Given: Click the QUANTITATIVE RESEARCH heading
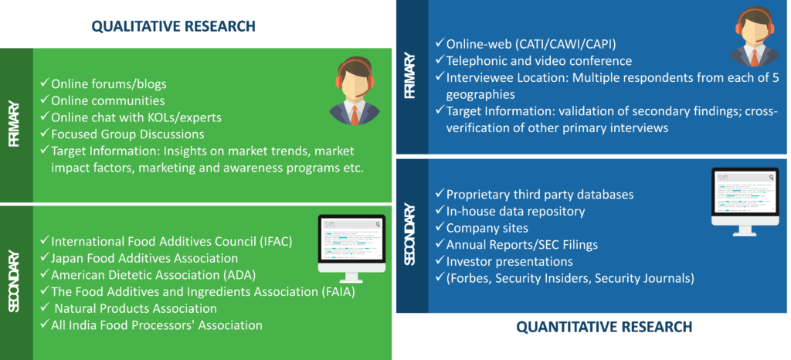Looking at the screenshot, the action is [604, 327].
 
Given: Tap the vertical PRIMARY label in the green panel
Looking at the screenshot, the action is [15, 124].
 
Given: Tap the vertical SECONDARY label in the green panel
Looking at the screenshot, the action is [15, 281].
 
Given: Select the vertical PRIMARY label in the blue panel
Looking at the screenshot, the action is [410, 76].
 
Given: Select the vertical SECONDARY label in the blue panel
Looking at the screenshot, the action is [410, 234].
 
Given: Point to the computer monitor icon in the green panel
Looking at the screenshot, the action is [351, 249].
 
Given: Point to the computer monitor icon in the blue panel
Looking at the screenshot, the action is [745, 202].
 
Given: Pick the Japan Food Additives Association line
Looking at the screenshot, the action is [139, 258].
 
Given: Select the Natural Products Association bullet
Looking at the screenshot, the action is [130, 308].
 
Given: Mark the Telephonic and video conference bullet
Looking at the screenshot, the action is [534, 60].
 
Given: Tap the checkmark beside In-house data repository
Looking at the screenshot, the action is [440, 210].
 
